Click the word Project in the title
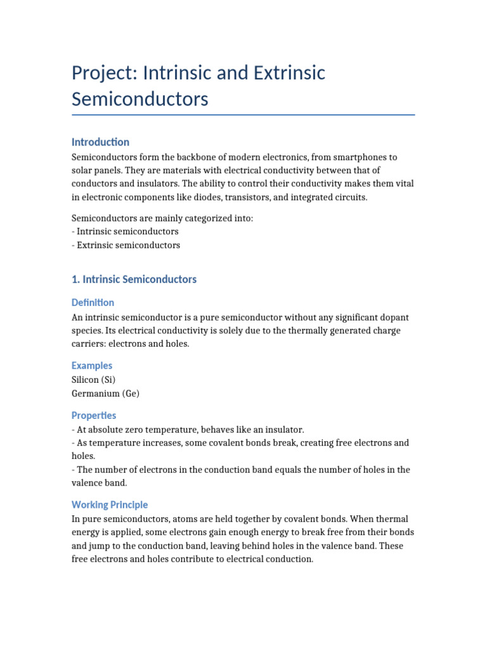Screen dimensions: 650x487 (x=101, y=74)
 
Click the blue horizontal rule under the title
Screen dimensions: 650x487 (x=243, y=115)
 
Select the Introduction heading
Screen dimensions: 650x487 (x=100, y=142)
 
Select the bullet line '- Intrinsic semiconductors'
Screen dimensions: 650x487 (x=125, y=232)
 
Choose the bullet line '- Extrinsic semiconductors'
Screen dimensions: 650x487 (x=126, y=245)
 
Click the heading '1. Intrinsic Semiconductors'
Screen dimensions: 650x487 (x=134, y=279)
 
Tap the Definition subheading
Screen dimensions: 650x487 (x=93, y=303)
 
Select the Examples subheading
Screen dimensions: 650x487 (x=92, y=366)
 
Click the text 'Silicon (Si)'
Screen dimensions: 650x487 (x=94, y=380)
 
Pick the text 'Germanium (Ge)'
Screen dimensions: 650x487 (x=105, y=394)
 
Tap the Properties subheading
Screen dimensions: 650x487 (x=94, y=416)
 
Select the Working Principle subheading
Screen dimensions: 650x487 (x=110, y=505)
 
